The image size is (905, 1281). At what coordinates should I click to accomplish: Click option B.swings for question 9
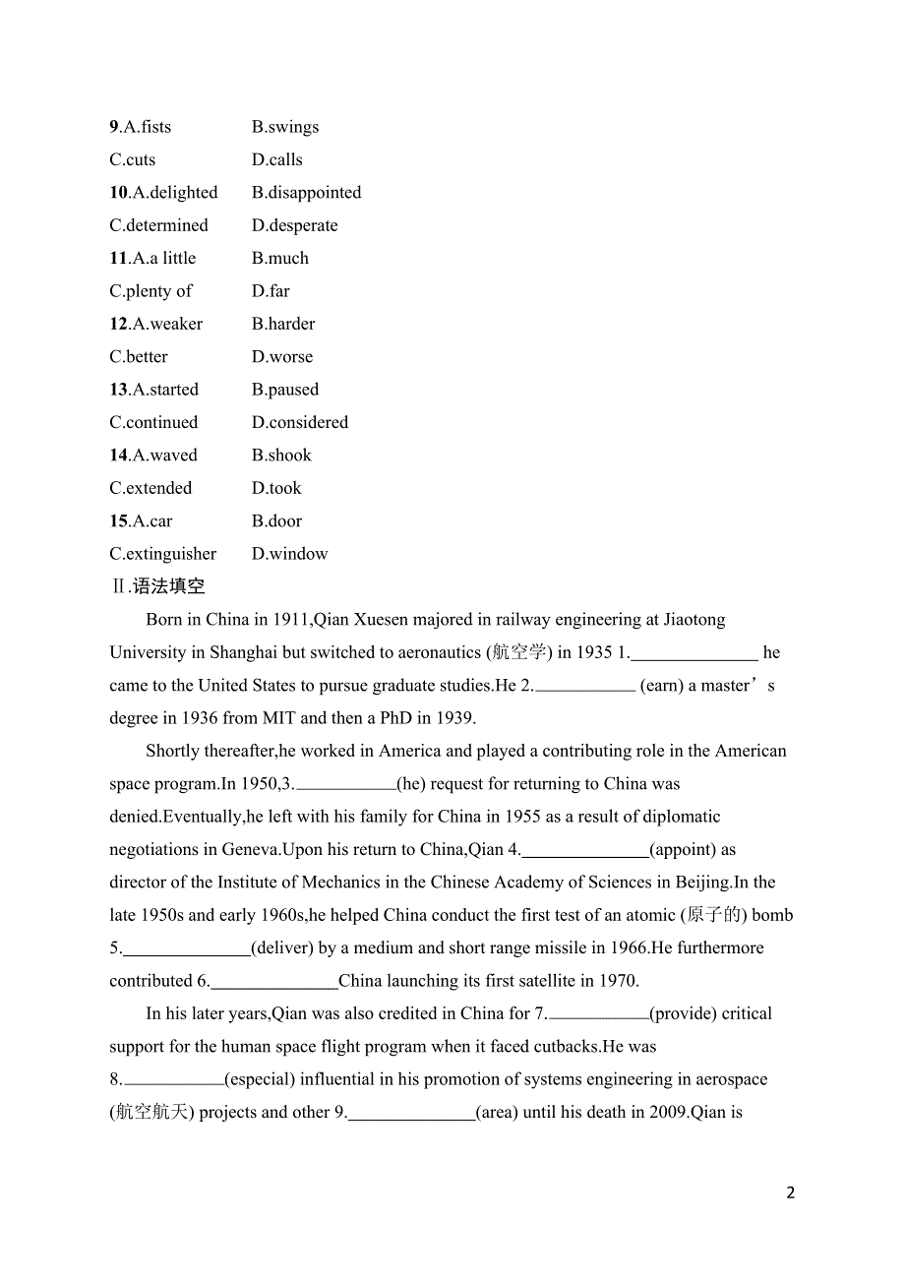(285, 127)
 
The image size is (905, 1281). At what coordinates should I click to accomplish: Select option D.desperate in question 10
(294, 225)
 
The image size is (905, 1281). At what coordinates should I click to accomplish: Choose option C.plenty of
(151, 291)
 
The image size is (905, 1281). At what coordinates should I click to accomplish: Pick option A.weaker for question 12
(167, 324)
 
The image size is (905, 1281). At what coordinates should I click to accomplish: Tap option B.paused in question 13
(285, 390)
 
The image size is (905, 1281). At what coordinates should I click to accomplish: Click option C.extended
(151, 488)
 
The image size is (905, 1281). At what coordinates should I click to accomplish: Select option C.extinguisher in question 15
(162, 554)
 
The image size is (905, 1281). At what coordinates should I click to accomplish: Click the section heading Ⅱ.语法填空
(157, 586)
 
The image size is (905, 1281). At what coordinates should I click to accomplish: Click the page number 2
(791, 1192)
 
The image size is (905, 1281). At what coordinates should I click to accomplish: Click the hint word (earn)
(661, 686)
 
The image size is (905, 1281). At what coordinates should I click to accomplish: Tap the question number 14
(118, 456)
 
